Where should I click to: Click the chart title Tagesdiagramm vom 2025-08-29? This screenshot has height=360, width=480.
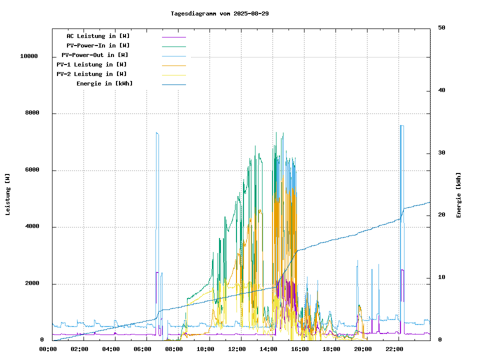click(219, 13)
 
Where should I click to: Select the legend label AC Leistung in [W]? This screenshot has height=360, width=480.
click(98, 36)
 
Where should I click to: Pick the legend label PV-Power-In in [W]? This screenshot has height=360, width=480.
click(98, 45)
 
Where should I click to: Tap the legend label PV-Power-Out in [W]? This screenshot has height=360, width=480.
click(95, 55)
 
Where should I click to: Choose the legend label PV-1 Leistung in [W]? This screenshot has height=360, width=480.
click(91, 64)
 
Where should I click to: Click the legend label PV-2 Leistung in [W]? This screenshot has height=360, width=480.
click(91, 74)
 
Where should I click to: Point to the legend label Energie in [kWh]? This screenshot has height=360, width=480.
click(104, 83)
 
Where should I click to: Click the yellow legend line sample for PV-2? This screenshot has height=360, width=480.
click(173, 75)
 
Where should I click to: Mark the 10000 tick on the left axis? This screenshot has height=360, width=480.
click(29, 56)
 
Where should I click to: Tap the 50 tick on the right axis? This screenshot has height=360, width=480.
click(441, 28)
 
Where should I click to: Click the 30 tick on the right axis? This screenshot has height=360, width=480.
click(441, 153)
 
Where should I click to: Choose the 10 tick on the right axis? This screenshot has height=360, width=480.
click(441, 277)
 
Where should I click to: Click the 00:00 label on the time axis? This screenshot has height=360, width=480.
click(47, 349)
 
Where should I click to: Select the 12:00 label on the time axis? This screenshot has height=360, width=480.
click(237, 349)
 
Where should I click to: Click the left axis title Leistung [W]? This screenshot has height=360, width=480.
click(8, 194)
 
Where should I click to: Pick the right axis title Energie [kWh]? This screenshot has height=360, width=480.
click(458, 195)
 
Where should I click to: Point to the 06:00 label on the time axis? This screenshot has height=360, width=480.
click(142, 349)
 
